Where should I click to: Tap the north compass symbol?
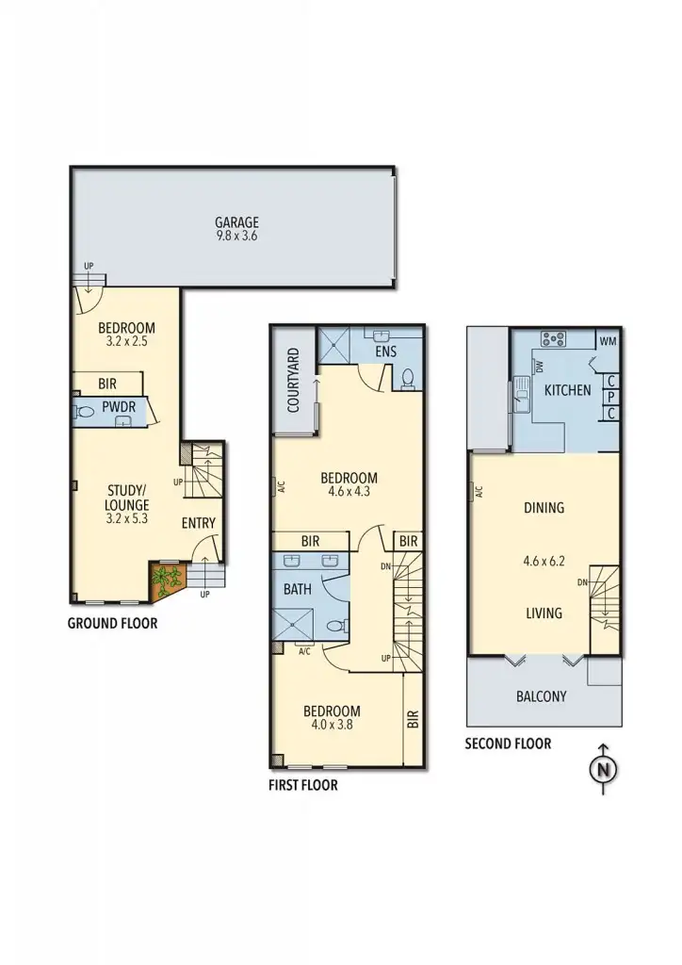602,769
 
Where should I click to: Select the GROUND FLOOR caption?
112,623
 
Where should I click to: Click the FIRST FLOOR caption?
303,784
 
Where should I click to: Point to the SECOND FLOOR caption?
508,744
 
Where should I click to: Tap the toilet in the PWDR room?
86,411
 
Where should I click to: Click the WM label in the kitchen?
608,340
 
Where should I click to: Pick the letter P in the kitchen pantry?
611,397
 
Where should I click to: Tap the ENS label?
386,352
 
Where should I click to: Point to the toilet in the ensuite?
409,378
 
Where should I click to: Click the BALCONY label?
542,697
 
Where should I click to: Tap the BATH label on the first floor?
298,590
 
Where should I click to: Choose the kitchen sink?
520,388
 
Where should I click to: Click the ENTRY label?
199,524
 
